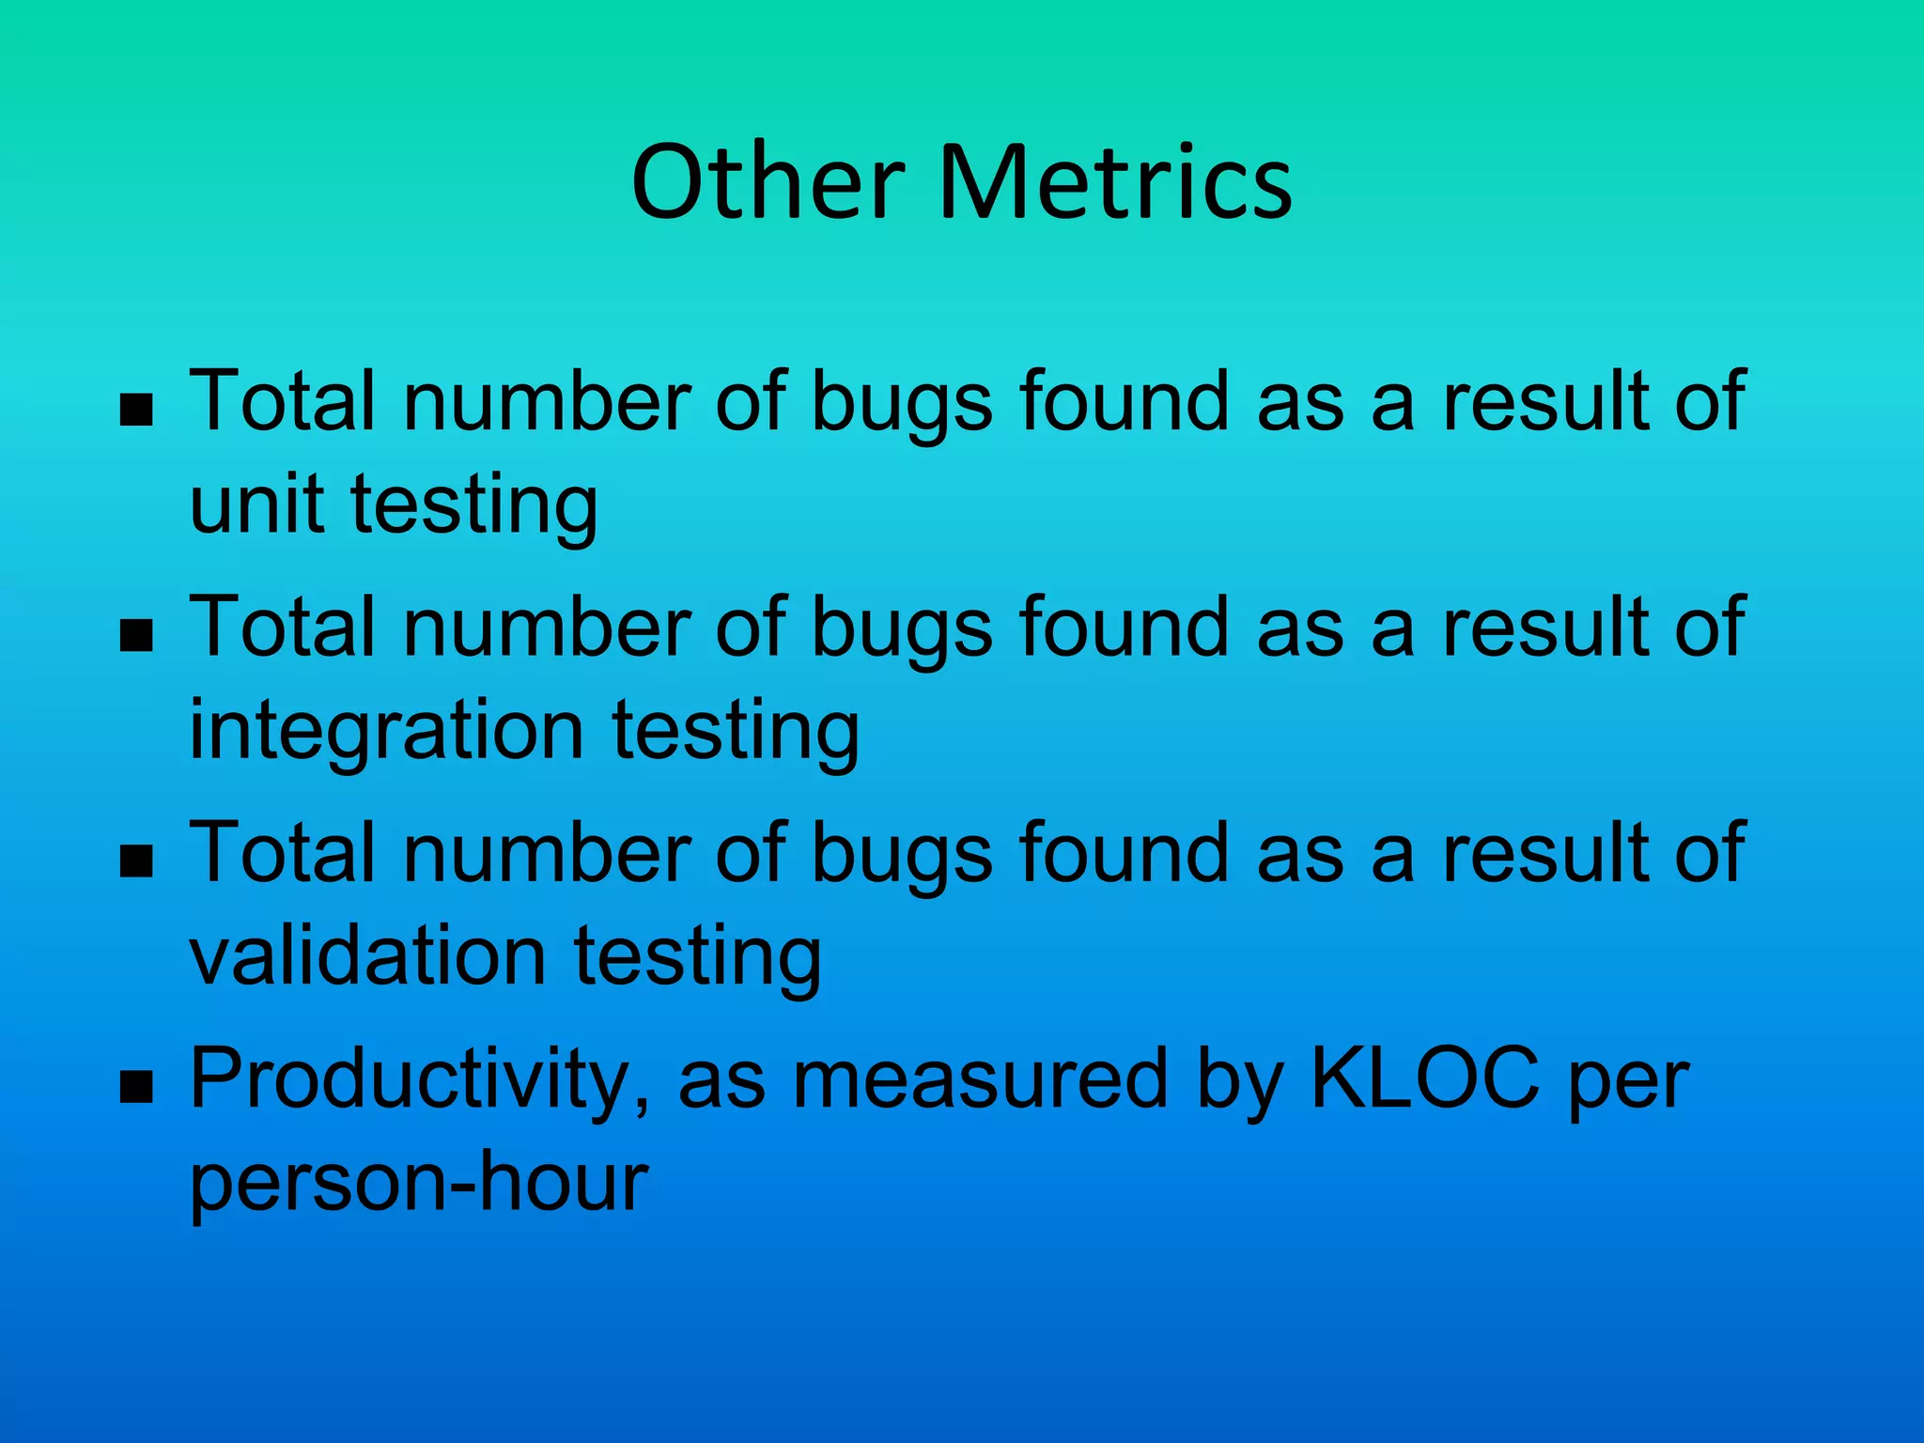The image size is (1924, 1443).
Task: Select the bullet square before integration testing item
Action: (137, 636)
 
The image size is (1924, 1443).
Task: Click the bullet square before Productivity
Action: (137, 1087)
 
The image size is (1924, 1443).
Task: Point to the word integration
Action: (386, 731)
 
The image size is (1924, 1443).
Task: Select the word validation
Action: (367, 955)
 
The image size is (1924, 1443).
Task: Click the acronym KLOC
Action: (1424, 1078)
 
